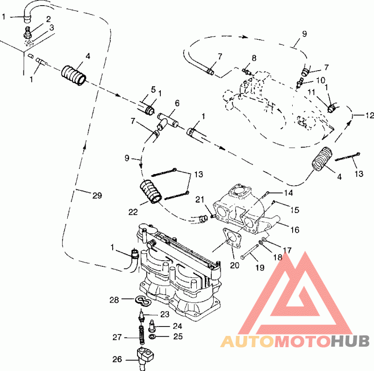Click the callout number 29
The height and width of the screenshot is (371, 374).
96,196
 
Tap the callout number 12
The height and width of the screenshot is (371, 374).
369,115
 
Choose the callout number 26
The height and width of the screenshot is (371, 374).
117,359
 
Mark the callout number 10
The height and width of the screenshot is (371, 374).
320,80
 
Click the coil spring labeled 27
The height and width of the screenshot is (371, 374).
140,334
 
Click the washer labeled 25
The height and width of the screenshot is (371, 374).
153,337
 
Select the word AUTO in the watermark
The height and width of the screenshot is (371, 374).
247,342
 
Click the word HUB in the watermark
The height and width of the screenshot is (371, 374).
348,342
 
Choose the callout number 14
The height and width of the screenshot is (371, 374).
288,193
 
